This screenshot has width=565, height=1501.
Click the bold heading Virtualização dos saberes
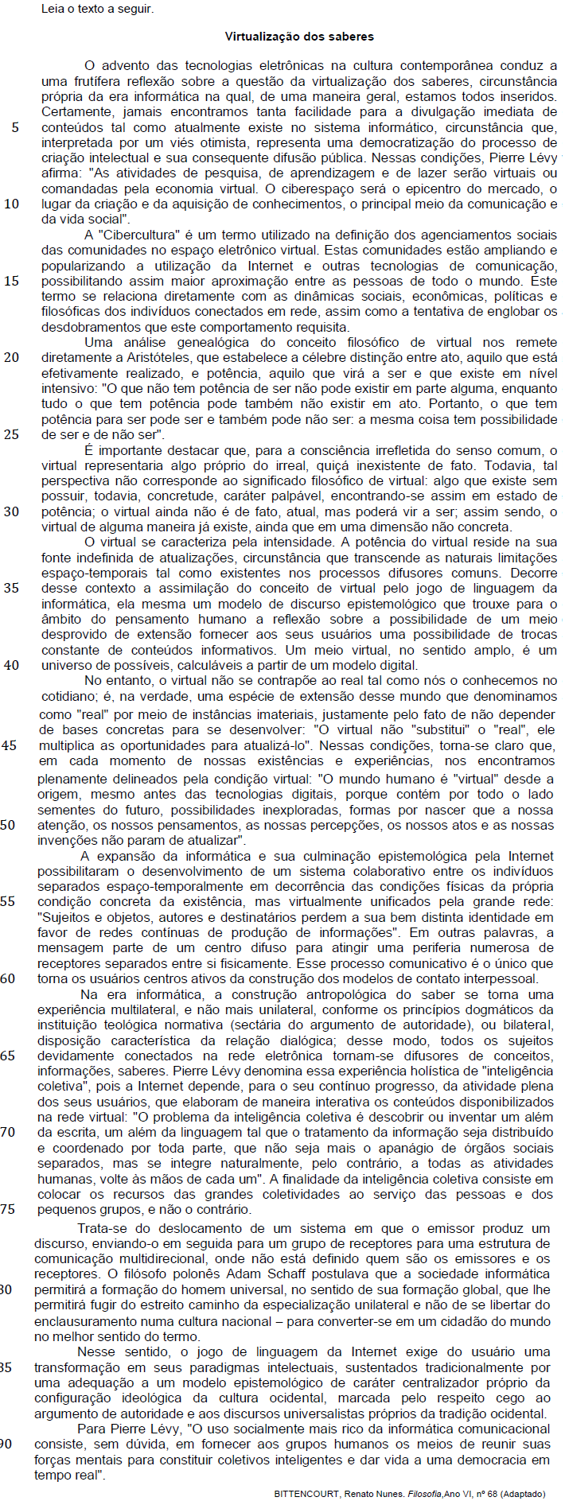coord(299,37)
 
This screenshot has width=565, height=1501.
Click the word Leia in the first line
coord(53,10)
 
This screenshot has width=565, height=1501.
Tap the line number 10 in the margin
coord(11,204)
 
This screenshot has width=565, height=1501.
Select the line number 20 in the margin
coord(11,357)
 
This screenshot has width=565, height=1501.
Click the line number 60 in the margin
coord(8,978)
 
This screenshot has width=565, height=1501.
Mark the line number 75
coord(8,1209)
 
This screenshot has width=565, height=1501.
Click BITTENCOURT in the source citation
coord(306,1494)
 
